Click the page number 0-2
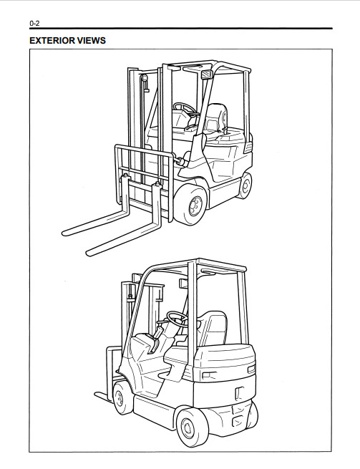(34, 23)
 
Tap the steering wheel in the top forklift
(183, 107)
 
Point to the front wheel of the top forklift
(191, 205)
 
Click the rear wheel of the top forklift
(245, 185)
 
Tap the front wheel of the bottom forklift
(120, 398)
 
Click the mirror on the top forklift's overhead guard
(206, 74)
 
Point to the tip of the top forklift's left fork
(64, 233)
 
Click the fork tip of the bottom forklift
(97, 395)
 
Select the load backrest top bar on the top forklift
(144, 149)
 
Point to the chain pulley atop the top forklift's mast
(145, 79)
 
